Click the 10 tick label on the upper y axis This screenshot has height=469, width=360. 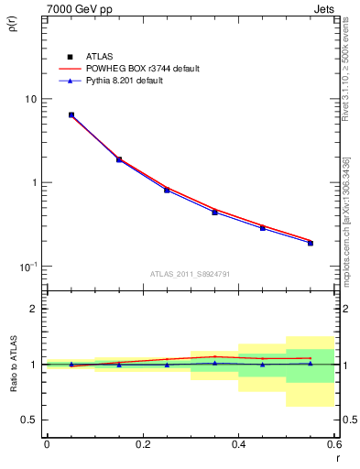30,99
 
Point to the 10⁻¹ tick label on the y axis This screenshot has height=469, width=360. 27,267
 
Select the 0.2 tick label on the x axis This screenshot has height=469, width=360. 142,444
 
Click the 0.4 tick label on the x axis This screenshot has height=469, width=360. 238,444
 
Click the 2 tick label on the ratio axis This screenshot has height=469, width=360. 33,309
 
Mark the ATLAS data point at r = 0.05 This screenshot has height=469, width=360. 71,115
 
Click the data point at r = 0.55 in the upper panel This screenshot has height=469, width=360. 311,243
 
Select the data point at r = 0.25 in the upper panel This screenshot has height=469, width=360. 167,190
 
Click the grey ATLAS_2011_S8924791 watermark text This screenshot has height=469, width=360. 191,273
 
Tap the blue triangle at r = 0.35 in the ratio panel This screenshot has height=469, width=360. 214,363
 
